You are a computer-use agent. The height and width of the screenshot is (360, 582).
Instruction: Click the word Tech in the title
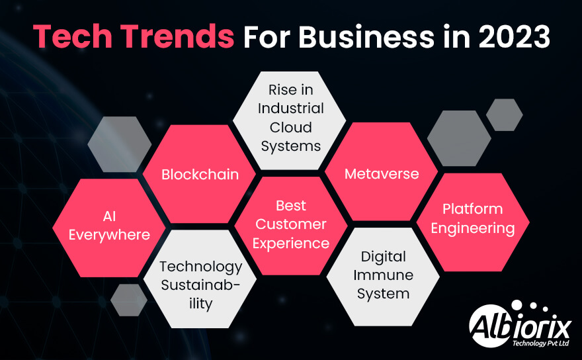pos(72,36)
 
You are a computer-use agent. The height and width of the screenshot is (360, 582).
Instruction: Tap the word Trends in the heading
pos(177,36)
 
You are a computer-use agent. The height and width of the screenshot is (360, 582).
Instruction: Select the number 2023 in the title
pos(514,36)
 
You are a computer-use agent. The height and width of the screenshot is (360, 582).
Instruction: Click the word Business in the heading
pos(366,36)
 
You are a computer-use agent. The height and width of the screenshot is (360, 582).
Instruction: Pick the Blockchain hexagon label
pos(200,174)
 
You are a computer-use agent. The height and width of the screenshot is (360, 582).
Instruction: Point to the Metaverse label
pos(382,174)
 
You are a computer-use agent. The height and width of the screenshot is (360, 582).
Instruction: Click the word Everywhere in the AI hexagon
pos(109,235)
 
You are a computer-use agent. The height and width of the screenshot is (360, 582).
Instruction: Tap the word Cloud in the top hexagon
pos(290,128)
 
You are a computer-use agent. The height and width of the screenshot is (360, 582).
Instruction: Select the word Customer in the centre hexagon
pos(291,224)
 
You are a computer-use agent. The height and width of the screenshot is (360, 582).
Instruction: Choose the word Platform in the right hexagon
pos(472,209)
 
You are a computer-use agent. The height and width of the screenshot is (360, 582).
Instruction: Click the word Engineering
pos(472,229)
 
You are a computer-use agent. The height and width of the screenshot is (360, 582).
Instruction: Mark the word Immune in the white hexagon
pos(383,275)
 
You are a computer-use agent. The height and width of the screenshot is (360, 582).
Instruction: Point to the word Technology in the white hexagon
pos(200,267)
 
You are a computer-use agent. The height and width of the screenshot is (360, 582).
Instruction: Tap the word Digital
pos(383,257)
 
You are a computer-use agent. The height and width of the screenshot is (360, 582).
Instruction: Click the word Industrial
pos(290,109)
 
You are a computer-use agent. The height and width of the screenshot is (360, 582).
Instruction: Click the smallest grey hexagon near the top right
pos(504,114)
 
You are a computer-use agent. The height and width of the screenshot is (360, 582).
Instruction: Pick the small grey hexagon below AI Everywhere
pos(129,300)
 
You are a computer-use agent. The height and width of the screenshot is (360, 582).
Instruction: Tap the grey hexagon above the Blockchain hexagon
pos(120,144)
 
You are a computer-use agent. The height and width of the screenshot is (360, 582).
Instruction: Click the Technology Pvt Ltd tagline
pos(540,343)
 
